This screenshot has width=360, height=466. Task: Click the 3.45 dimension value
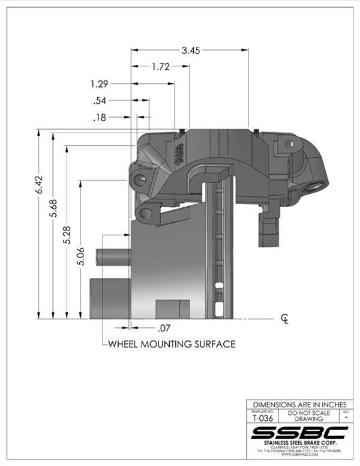pyautogui.click(x=191, y=50)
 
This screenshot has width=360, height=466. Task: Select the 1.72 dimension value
pyautogui.click(x=160, y=67)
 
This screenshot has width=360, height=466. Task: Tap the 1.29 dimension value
pyautogui.click(x=100, y=83)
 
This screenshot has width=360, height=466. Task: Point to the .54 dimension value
pyautogui.click(x=100, y=101)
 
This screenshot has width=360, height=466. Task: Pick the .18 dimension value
pyautogui.click(x=100, y=118)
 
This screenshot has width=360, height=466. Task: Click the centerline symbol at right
pyautogui.click(x=285, y=318)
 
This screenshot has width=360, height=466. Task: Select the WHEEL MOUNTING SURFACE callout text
pyautogui.click(x=171, y=344)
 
